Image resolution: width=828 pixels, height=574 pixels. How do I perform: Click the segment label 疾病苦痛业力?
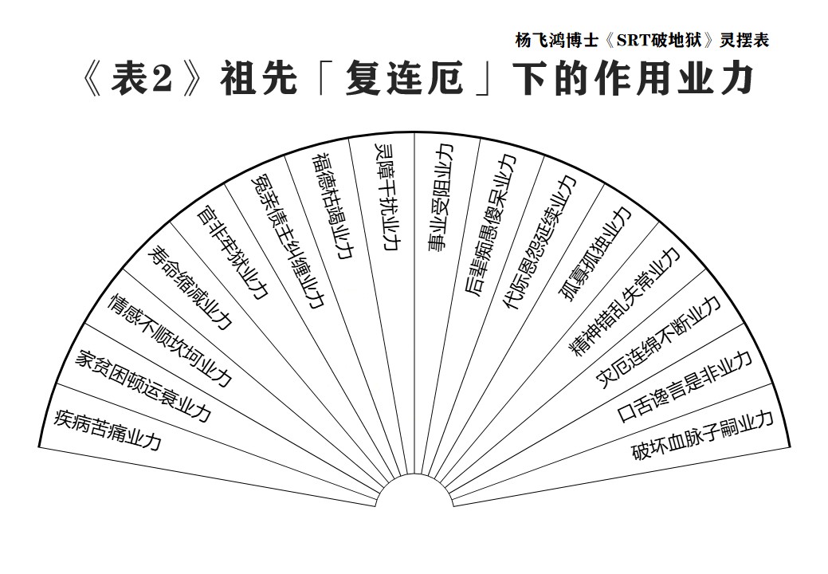tap(108, 430)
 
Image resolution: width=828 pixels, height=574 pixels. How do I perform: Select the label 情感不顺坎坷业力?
tap(170, 340)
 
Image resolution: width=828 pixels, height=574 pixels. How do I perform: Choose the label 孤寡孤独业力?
tap(595, 254)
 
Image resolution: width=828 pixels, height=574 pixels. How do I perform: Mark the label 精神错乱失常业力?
tap(624, 301)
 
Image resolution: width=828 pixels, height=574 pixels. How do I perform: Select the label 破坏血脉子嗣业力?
tap(702, 434)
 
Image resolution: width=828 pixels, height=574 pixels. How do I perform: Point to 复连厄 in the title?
tap(405, 80)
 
